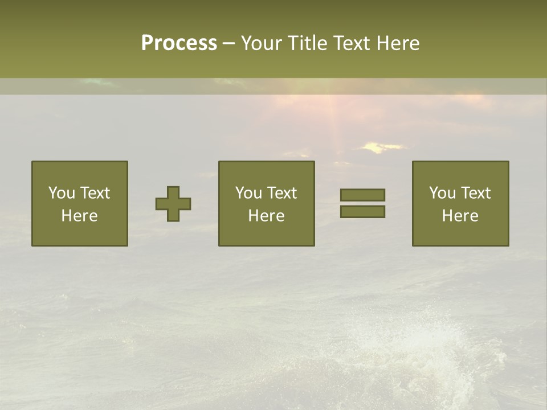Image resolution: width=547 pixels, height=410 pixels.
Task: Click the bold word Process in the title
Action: tap(179, 43)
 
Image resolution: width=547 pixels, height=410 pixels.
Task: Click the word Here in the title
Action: tap(399, 43)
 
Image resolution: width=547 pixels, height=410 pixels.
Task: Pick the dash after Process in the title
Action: tap(228, 44)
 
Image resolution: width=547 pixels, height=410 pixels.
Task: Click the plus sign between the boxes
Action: tap(173, 204)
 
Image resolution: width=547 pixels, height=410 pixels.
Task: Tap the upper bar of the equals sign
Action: tap(362, 195)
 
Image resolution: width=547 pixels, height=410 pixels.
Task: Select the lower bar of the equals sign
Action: tap(362, 211)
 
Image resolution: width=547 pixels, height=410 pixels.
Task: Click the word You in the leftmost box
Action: tap(61, 193)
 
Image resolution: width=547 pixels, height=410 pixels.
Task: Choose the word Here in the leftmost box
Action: tap(79, 216)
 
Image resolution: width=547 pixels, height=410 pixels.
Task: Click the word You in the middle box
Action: tap(248, 193)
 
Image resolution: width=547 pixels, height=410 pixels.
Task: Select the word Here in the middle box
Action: tap(266, 216)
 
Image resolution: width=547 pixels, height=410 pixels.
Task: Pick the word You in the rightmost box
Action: tap(442, 193)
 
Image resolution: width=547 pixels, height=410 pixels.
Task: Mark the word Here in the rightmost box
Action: tap(460, 216)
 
